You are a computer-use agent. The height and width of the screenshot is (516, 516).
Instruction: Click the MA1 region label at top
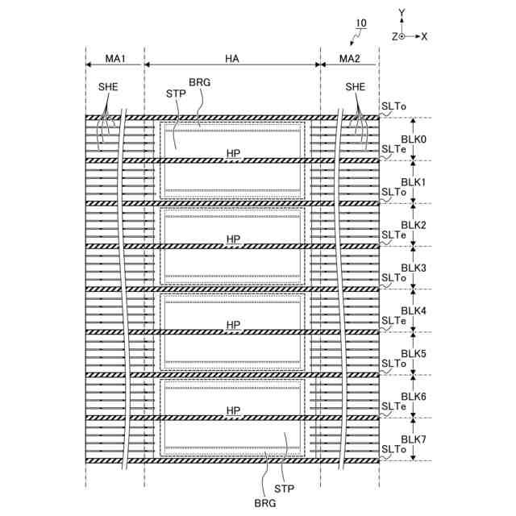click(114, 59)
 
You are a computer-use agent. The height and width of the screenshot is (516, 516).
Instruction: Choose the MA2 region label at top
click(350, 59)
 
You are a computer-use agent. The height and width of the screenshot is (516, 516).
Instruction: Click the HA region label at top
click(232, 59)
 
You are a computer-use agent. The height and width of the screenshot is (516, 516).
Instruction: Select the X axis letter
click(424, 36)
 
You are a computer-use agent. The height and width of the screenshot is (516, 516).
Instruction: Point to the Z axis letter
click(395, 36)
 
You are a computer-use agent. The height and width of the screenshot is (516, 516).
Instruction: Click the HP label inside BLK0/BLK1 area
click(233, 153)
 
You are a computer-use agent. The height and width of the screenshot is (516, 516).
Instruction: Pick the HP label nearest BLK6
click(233, 411)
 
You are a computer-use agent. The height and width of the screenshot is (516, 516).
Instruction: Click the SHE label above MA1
click(108, 87)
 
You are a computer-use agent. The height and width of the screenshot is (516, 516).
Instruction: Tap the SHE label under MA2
click(355, 87)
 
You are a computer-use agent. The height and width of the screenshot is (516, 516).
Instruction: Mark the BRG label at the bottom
click(265, 502)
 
